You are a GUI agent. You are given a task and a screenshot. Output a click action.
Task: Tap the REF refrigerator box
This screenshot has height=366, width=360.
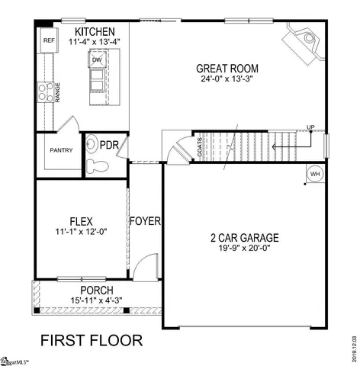(49, 40)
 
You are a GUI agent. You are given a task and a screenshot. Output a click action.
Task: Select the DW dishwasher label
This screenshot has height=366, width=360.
(97, 59)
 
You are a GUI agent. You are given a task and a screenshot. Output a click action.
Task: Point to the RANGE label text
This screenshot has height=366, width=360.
(59, 92)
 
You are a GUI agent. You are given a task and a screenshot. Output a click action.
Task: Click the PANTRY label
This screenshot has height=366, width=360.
(62, 150)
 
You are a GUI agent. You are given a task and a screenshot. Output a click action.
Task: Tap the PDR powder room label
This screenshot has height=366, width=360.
(109, 144)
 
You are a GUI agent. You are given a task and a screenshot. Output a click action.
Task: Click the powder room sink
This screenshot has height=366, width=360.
(92, 143)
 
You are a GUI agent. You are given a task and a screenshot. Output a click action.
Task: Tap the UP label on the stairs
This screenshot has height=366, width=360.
(310, 127)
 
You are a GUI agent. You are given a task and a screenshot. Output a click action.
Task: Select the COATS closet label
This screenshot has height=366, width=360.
(200, 147)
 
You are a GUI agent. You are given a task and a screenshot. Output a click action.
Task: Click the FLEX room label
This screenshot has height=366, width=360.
(80, 221)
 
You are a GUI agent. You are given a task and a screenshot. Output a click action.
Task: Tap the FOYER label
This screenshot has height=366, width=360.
(145, 221)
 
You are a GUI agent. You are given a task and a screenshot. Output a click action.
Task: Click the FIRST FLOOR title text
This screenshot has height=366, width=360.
(90, 337)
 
